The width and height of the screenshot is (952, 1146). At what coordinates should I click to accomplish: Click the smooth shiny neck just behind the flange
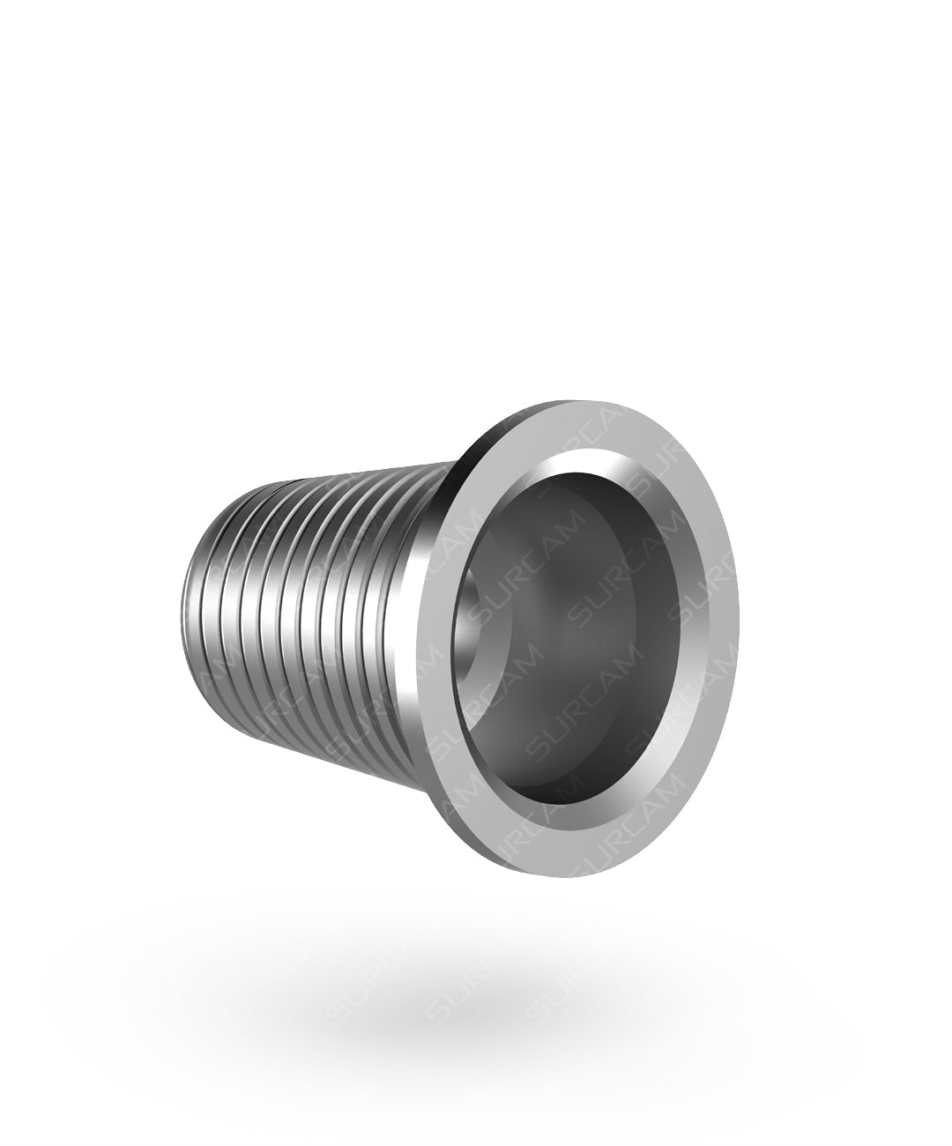(414, 617)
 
